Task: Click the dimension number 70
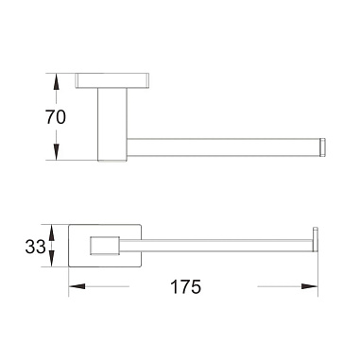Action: pos(56,117)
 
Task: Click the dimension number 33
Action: pos(35,247)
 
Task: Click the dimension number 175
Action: pos(185,286)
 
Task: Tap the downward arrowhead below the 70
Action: pos(56,152)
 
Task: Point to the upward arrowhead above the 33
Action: pos(52,232)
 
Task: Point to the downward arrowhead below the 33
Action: pos(52,259)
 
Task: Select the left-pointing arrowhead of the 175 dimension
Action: pos(77,286)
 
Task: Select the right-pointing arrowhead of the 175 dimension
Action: pos(309,286)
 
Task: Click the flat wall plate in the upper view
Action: pos(112,80)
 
